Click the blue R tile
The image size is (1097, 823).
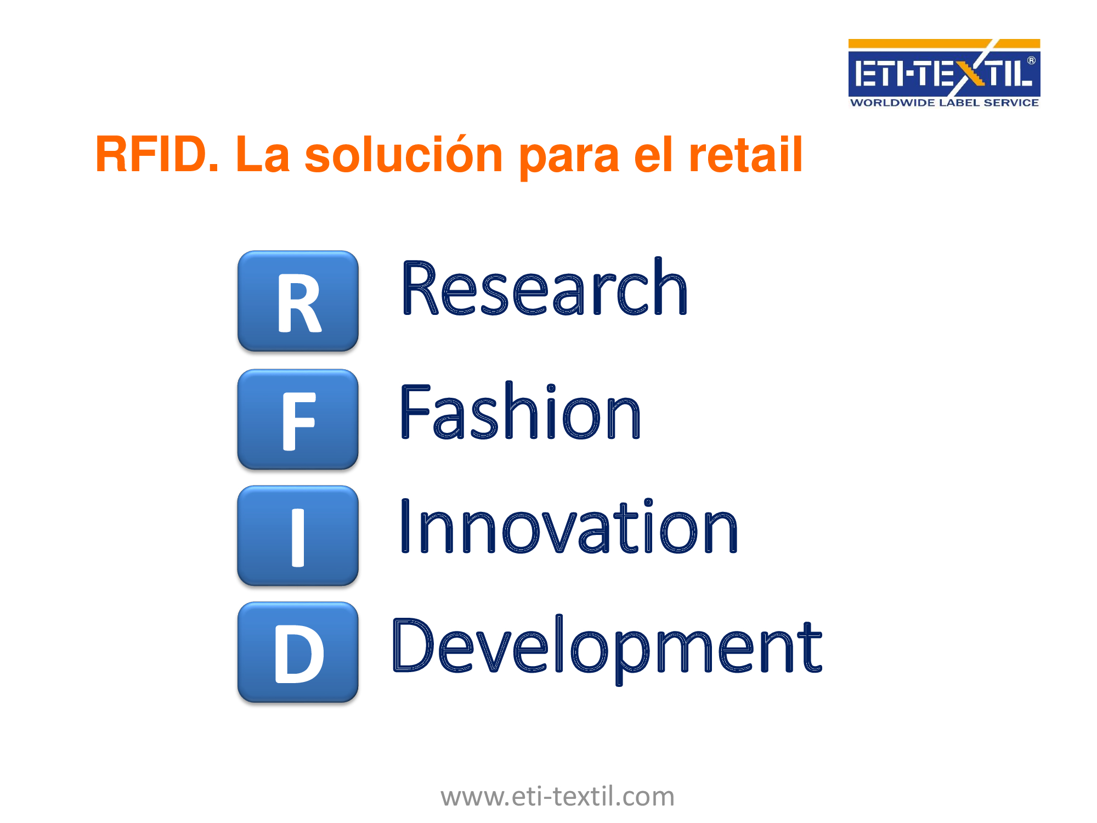pos(298,301)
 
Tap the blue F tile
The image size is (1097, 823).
pos(298,419)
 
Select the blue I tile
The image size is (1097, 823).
pos(298,535)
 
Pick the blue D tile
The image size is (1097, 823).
pos(298,652)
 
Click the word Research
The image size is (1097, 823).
pos(544,288)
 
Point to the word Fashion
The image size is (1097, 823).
pos(521,410)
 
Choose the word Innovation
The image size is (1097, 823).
pos(569,526)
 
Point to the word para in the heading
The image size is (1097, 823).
pos(569,160)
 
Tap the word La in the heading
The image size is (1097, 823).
pos(262,155)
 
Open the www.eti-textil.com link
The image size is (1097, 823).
pos(557,796)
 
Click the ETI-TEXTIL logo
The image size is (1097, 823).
pos(944,73)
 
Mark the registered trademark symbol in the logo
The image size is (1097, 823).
pos(1031,60)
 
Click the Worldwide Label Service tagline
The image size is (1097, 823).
pos(944,103)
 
